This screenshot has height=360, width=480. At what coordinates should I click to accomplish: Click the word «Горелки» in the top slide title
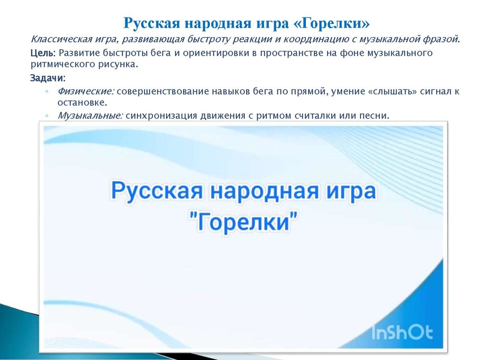[x=330, y=23]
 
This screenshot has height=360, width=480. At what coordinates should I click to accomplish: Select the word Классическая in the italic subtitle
[x=59, y=40]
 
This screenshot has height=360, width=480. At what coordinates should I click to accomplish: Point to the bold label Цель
[x=43, y=53]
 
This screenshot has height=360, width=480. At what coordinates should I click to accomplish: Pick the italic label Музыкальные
[x=90, y=115]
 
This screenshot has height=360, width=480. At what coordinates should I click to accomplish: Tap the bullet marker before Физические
[x=47, y=91]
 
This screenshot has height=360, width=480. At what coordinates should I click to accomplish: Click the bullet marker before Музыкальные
[x=47, y=116]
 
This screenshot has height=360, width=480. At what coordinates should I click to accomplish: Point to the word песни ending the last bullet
[x=374, y=115]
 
